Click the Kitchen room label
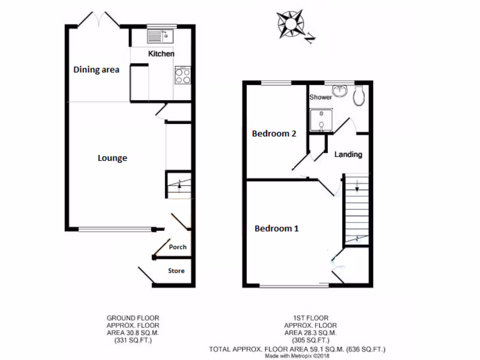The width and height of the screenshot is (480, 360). pyautogui.click(x=161, y=54)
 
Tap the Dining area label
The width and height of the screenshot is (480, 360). pyautogui.click(x=96, y=70)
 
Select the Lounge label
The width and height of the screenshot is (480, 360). pyautogui.click(x=112, y=158)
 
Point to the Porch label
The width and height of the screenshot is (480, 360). pyautogui.click(x=178, y=247)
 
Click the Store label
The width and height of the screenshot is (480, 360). pyautogui.click(x=176, y=271)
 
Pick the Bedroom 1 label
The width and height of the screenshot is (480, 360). pyautogui.click(x=277, y=229)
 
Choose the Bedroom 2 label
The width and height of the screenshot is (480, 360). pyautogui.click(x=274, y=134)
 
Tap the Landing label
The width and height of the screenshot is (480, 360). pyautogui.click(x=348, y=154)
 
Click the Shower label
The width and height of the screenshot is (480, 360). pyautogui.click(x=321, y=97)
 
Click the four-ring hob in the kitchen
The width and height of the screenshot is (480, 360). pyautogui.click(x=183, y=75)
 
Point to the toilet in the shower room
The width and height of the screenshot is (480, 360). pyautogui.click(x=360, y=94)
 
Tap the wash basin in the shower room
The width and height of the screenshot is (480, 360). pyautogui.click(x=339, y=90)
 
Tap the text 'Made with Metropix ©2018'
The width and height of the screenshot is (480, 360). pyautogui.click(x=298, y=356)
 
